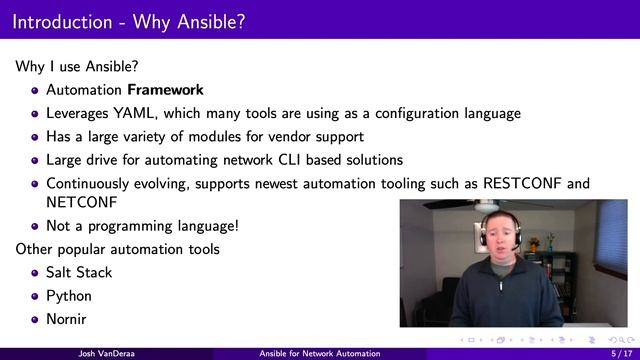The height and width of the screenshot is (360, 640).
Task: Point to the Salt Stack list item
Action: point(79,272)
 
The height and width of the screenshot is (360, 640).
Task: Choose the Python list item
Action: point(68,296)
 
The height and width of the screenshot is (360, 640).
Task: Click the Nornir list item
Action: point(67,320)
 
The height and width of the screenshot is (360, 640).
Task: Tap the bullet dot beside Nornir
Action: point(35,321)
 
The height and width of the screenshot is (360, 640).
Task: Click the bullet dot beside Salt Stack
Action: point(35,273)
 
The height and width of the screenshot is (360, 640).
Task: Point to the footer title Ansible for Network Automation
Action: point(319,354)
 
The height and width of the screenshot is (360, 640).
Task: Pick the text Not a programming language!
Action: point(142,225)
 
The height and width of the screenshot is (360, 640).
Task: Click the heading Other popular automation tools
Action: point(117,248)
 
